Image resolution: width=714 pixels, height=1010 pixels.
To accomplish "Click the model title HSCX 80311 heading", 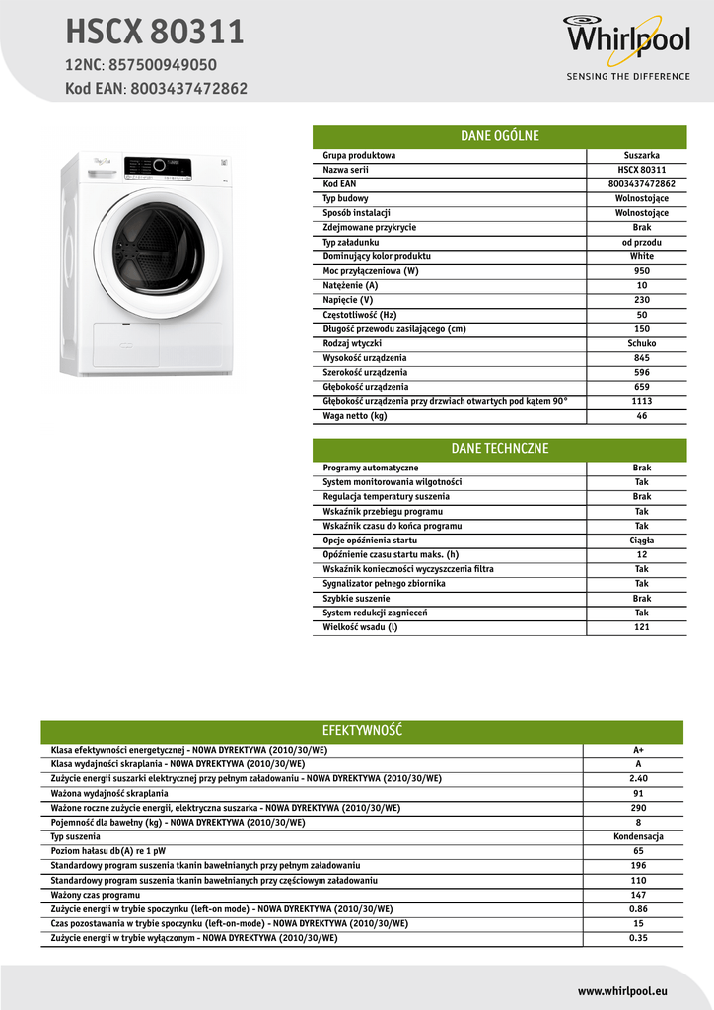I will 154,33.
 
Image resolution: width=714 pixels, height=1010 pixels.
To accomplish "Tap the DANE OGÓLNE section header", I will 499,136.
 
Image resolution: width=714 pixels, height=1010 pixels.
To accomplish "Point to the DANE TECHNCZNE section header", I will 499,449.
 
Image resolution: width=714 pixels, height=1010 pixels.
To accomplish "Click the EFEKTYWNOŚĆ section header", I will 362,731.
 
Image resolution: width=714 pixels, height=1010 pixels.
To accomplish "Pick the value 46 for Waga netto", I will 641,416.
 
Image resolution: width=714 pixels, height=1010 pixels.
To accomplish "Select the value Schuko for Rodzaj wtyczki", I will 641,343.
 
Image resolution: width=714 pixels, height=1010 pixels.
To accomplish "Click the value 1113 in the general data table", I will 641,401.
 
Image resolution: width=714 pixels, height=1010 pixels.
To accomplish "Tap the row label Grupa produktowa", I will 359,156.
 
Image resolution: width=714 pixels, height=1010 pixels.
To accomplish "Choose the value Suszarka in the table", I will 641,156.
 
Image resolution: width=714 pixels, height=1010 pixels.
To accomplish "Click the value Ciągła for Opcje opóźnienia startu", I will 641,541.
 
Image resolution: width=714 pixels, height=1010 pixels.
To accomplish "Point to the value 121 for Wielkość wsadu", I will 641,627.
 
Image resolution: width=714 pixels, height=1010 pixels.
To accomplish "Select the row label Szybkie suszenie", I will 356,599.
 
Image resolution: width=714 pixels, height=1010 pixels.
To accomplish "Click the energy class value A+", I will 638,750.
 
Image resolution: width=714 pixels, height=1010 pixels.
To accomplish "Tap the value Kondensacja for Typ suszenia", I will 638,836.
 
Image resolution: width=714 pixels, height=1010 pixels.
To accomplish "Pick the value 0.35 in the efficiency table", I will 638,938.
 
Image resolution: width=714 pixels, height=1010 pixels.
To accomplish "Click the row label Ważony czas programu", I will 96,895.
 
